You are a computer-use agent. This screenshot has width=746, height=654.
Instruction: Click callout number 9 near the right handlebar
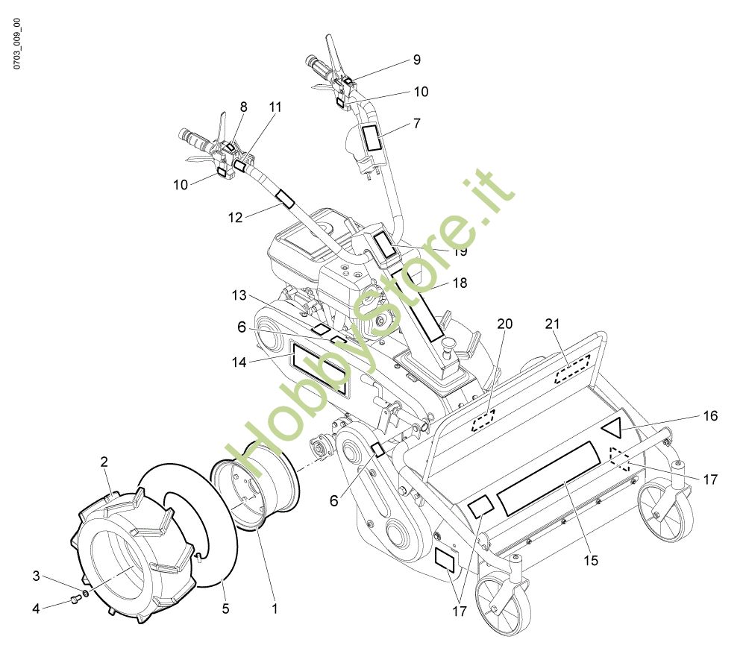pos(417,60)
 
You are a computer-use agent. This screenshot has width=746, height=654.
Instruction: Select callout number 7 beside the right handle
pos(417,124)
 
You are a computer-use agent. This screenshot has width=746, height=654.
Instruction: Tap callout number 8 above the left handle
pos(244,107)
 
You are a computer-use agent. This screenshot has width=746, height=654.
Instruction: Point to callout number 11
pos(275,107)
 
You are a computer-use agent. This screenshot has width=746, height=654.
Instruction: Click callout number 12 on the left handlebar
pos(236,217)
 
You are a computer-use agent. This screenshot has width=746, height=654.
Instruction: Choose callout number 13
pos(239,295)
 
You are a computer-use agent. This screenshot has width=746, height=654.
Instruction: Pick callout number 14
pos(239,362)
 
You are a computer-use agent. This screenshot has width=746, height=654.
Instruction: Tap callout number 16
pos(710,416)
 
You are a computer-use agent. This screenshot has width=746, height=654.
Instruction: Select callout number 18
pos(460,283)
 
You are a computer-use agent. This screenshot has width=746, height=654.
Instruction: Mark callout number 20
pos(505,324)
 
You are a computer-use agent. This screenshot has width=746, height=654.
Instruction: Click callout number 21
pos(552,324)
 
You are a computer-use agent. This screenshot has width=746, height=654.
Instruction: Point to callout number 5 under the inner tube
pos(225,609)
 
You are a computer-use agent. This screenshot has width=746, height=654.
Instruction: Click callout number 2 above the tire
pos(104,462)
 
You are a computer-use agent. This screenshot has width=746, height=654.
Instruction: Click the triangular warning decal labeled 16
pos(613,427)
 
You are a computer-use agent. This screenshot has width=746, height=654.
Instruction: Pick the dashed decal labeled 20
pos(483,421)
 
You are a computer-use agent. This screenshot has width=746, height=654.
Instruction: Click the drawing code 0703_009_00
pos(17,44)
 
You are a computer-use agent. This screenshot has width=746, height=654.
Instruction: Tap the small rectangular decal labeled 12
pos(286,199)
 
